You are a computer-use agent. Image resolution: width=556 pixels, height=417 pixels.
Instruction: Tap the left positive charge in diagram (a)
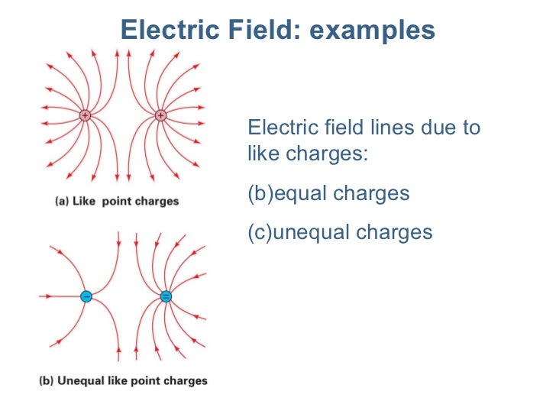pos(85,116)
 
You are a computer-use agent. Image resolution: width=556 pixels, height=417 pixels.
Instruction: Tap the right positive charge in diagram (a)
pos(160,116)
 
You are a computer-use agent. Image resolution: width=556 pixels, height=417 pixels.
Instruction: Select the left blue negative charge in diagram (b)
pos(86,296)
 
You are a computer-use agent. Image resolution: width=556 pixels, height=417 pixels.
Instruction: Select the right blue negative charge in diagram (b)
pos(166,296)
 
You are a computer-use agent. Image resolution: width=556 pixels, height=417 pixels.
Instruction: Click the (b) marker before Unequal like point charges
pos(47,380)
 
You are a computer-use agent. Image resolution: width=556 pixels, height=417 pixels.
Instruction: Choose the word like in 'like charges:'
pos(263,154)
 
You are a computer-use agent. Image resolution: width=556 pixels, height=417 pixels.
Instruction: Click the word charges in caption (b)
pos(186,380)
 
